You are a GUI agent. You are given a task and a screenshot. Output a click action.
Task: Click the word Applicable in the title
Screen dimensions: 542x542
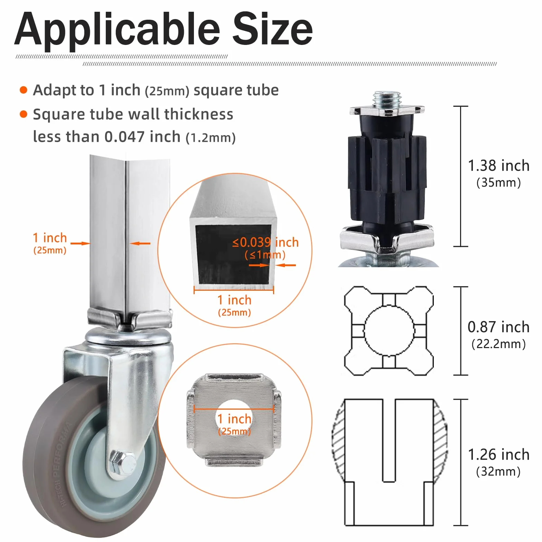(117, 30)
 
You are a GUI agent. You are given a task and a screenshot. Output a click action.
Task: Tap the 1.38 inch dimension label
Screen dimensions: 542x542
(498, 166)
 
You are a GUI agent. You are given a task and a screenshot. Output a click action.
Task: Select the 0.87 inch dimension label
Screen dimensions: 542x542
(498, 327)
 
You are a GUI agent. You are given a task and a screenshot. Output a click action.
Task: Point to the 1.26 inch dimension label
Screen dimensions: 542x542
(498, 455)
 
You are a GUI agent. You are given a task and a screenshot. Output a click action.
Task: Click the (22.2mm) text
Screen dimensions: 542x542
(498, 344)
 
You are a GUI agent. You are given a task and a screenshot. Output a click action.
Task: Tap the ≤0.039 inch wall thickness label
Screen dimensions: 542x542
(265, 242)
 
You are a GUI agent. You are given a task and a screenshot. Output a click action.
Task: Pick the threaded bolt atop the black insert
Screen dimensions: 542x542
(386, 100)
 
